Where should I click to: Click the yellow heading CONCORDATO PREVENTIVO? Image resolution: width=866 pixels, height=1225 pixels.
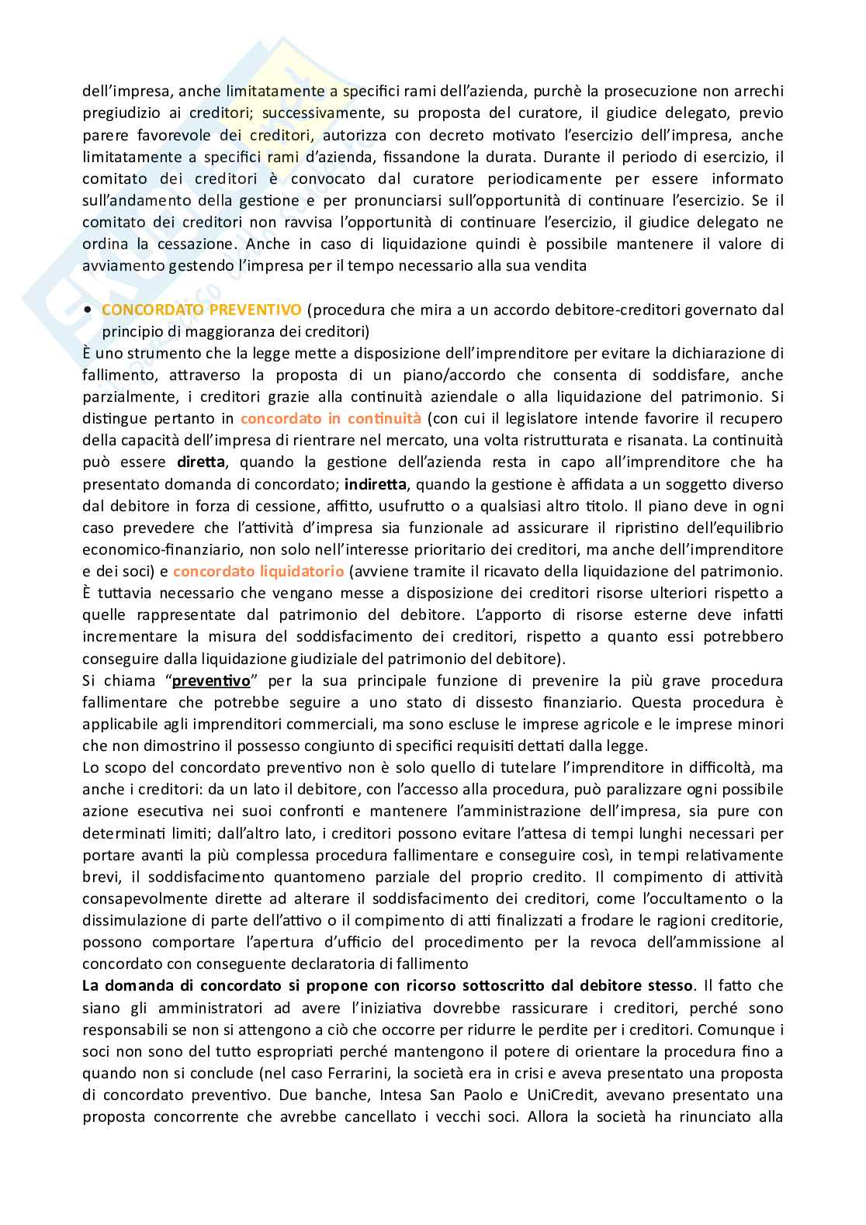pyautogui.click(x=201, y=310)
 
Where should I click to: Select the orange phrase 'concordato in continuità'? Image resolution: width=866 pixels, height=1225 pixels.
pyautogui.click(x=331, y=418)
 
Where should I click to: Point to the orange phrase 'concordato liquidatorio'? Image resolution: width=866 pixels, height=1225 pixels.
pyautogui.click(x=258, y=571)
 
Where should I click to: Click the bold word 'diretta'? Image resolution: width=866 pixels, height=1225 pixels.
pyautogui.click(x=201, y=462)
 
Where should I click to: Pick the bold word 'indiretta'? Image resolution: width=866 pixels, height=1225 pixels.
pyautogui.click(x=375, y=484)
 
